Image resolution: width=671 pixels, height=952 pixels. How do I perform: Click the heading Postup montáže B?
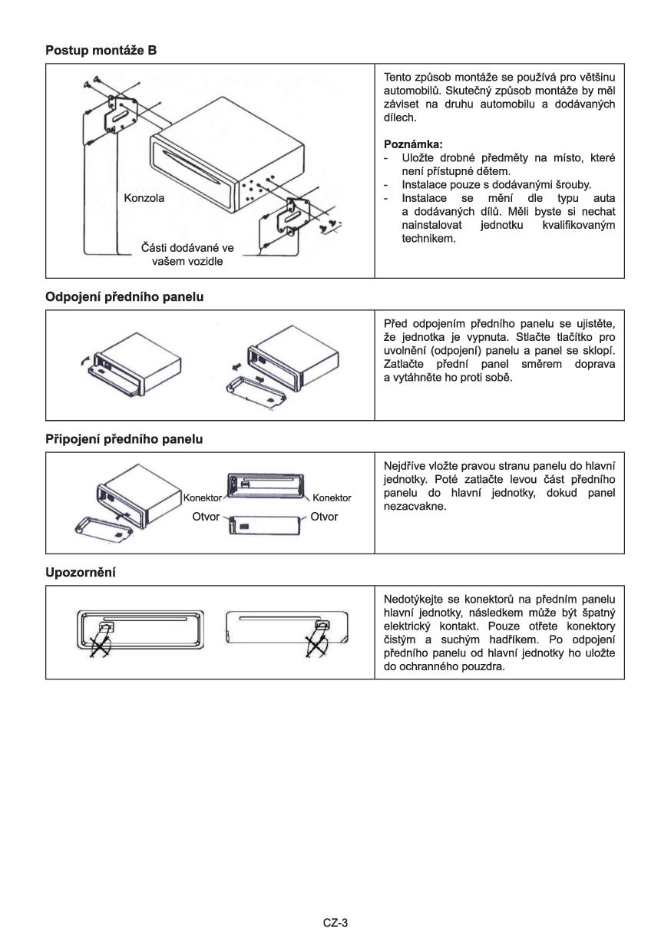[101, 51]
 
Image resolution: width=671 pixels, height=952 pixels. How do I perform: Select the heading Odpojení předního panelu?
[124, 297]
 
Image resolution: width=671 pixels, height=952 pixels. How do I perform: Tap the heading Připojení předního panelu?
[124, 439]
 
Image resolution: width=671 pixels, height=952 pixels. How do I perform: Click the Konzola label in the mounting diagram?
[144, 197]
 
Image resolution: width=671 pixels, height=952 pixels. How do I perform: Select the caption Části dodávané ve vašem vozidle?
[187, 254]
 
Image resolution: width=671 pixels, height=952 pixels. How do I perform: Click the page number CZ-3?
[335, 923]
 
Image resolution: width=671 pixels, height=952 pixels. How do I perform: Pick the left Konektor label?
[202, 497]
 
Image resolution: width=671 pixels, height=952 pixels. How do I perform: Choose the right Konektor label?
[332, 497]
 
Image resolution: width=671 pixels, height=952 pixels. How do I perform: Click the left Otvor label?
[206, 517]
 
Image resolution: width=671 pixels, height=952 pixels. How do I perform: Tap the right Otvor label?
[324, 517]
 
